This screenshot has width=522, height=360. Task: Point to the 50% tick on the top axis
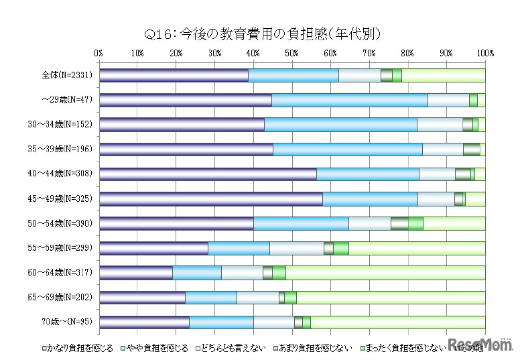[x=291, y=52]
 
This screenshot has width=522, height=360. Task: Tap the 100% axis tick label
[x=484, y=52]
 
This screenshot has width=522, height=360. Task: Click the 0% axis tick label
[x=99, y=52]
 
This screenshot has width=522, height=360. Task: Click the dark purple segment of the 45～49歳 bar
[x=210, y=198]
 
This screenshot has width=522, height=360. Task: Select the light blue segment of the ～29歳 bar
[x=349, y=100]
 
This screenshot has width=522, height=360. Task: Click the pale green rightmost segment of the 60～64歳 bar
[x=385, y=272]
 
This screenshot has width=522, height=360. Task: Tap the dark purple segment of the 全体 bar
[x=174, y=75]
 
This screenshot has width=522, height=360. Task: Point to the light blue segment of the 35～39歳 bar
[x=347, y=149]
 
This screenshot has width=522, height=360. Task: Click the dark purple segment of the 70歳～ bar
[x=144, y=322]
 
